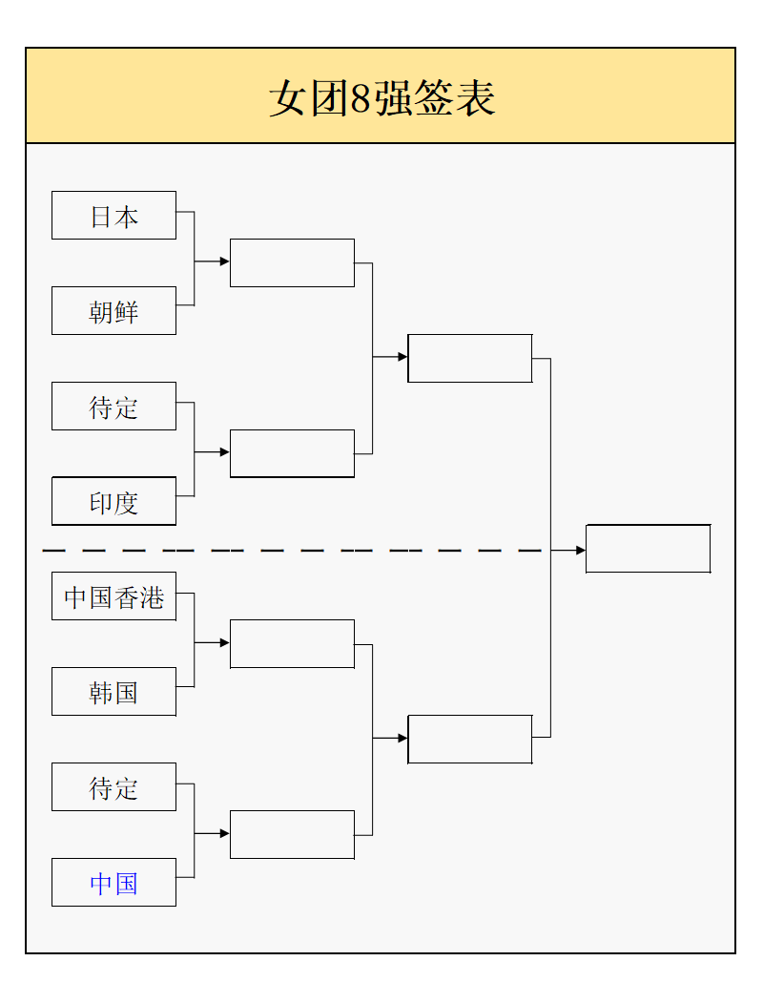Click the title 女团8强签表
pos(381,98)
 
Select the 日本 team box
pos(113,216)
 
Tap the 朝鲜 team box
pos(113,311)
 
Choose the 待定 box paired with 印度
pos(113,407)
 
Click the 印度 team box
pos(113,502)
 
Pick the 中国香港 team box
pos(113,596)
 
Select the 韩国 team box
pos(113,692)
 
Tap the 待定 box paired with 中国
pos(113,787)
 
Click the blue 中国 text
pos(113,883)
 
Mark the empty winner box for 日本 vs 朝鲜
pos(292,262)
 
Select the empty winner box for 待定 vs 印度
pos(292,453)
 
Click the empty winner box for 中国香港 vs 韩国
pos(292,644)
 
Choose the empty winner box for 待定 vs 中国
pos(292,835)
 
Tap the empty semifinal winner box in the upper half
pos(469,358)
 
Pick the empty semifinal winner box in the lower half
pos(469,739)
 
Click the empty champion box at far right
pos(648,549)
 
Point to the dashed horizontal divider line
pos(286,551)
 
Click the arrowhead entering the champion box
pos(581,551)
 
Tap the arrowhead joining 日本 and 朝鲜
pos(224,261)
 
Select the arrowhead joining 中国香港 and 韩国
pos(224,643)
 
